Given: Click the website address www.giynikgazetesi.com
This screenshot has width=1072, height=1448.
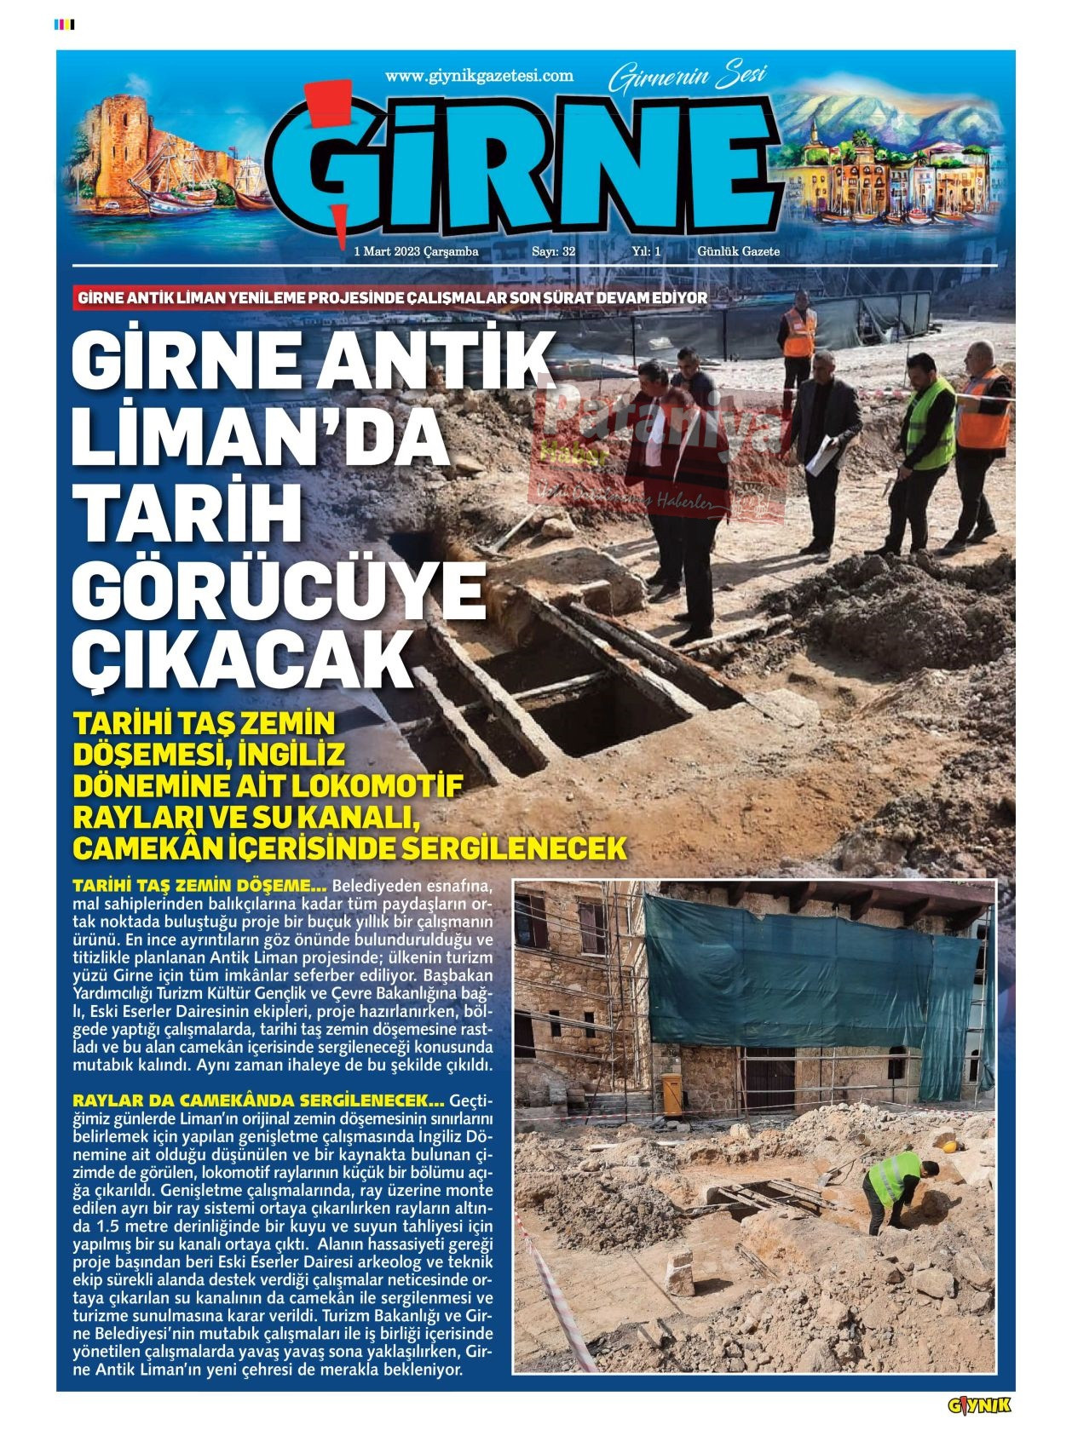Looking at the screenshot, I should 479,76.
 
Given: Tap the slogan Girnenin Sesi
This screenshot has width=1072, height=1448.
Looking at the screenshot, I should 688,78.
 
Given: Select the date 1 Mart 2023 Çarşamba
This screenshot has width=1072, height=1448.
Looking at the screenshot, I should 416,251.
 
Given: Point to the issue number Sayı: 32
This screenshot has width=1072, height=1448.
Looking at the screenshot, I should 553,251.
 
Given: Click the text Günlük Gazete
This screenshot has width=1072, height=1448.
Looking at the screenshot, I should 738,251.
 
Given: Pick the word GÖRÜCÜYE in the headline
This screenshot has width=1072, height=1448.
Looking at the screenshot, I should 278,591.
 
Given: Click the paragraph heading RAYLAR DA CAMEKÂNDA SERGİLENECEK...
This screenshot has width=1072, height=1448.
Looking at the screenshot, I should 258,1100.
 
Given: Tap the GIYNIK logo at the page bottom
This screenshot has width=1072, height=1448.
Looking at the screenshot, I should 979,1405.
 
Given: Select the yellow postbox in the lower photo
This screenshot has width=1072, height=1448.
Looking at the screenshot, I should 671,1094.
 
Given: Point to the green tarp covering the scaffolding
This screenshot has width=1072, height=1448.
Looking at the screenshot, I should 792,971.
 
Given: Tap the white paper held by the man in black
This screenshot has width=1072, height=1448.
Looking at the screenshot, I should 821,457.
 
